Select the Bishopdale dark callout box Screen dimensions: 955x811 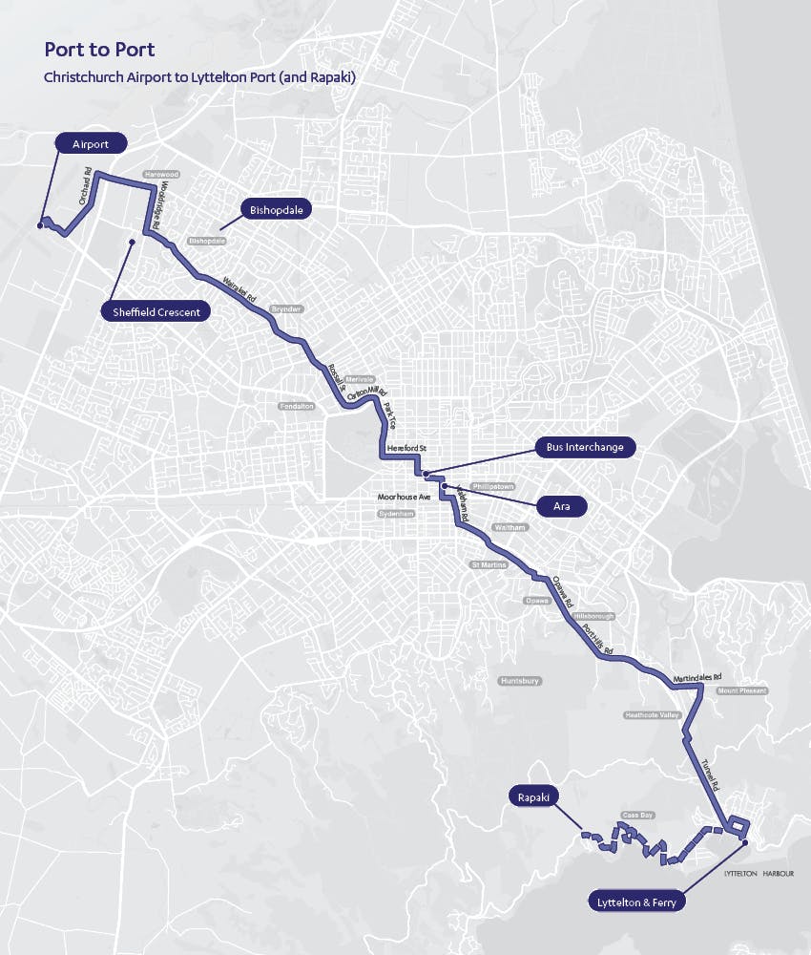tap(277, 209)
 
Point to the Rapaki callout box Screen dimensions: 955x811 tap(533, 796)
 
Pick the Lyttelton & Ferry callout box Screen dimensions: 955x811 tap(635, 900)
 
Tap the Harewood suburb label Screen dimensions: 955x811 tap(160, 175)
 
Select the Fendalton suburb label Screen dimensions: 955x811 tap(296, 407)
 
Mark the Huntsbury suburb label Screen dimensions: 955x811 tap(520, 681)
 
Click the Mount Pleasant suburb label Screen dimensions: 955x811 tap(741, 690)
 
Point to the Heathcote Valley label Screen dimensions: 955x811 tap(652, 714)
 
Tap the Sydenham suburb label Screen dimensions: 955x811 tap(397, 514)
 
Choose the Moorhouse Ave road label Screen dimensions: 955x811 tap(405, 498)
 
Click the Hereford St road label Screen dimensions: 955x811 tap(408, 449)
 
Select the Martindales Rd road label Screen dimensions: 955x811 tap(697, 677)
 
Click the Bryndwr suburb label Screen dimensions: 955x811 tap(285, 309)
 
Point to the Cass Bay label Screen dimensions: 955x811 tap(635, 815)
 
